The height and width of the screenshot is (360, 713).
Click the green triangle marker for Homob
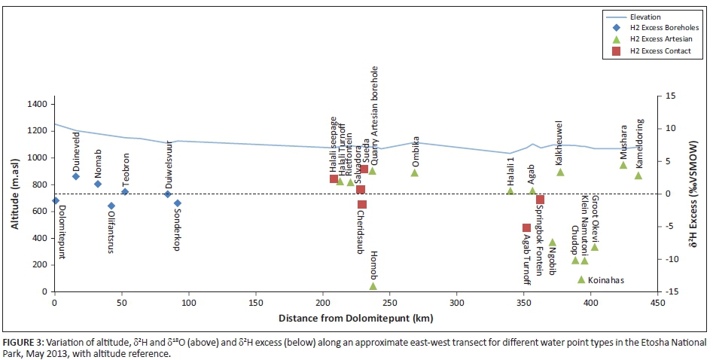(373, 286)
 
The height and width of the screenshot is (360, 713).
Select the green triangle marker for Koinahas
(581, 279)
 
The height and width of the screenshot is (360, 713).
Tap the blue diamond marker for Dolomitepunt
(55, 200)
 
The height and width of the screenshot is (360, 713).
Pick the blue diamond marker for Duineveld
(75, 176)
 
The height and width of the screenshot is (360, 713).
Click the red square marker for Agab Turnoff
(526, 228)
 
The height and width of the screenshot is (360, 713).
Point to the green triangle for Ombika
(414, 172)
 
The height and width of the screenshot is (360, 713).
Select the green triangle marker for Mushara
(623, 165)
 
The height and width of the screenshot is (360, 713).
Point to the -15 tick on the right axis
(665, 291)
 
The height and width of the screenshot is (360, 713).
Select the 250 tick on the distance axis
(389, 303)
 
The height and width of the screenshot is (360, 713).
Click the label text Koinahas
(605, 280)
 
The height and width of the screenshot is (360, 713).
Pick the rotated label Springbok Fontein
(540, 239)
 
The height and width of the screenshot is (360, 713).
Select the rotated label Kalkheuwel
(559, 142)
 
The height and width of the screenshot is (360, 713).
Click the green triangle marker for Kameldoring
(638, 175)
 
